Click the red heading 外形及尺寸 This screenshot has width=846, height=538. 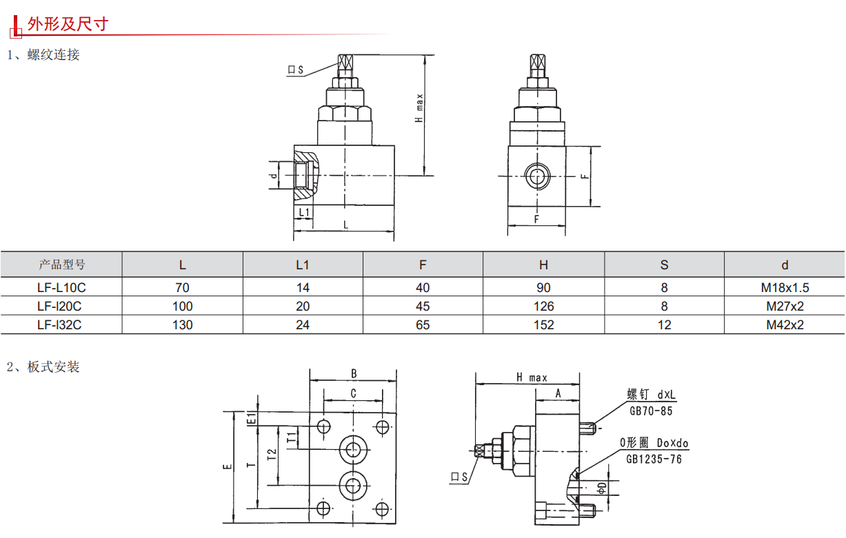(68, 24)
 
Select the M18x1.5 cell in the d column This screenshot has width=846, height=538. (785, 288)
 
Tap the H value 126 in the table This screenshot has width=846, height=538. (543, 307)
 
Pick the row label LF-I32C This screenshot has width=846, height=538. (59, 325)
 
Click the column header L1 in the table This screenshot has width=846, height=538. (303, 265)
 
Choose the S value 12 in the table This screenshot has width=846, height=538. (665, 325)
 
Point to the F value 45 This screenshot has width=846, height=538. (423, 307)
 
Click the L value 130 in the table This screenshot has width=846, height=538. (183, 325)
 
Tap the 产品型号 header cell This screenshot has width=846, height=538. (62, 265)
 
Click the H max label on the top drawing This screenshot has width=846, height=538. (419, 108)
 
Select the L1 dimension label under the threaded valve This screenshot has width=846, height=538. (303, 212)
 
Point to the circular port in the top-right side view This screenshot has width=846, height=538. (537, 176)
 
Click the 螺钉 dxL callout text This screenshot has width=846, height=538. (651, 395)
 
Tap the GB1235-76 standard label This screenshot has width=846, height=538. (654, 459)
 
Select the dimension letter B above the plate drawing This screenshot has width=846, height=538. (354, 374)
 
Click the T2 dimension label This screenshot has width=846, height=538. (272, 455)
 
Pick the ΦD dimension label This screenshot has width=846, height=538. (602, 488)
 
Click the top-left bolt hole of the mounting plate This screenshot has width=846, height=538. (323, 427)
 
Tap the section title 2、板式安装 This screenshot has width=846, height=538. (43, 366)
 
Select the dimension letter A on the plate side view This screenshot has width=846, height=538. (558, 394)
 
